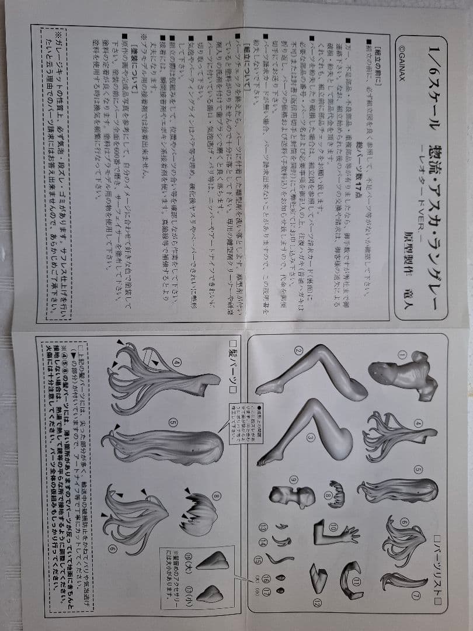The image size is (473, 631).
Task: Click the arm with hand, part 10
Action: point(336,531)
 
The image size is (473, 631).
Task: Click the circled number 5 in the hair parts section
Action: point(173,421)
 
